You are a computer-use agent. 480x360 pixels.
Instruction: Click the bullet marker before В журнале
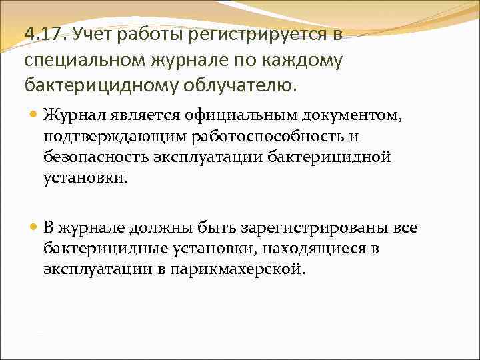point(35,227)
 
